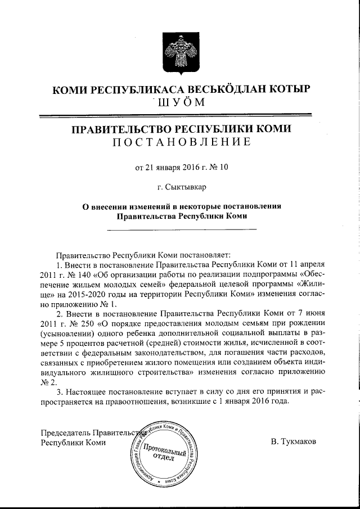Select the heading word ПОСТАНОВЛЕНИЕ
[180, 142]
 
